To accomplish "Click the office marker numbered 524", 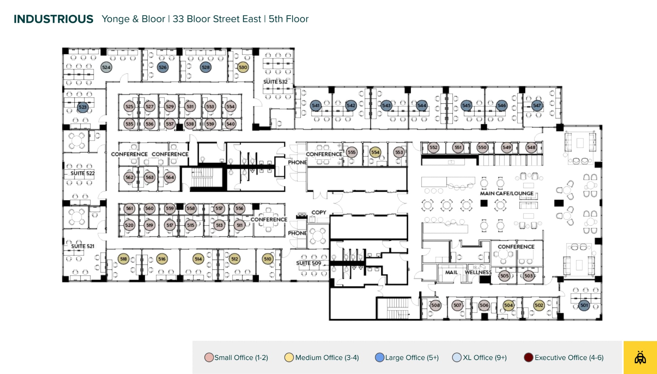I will (106, 67).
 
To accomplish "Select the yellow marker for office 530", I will (242, 67).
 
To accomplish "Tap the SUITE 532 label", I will (275, 82).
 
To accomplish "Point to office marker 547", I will (537, 106).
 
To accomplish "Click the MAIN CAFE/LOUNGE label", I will (507, 193).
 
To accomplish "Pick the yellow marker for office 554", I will (375, 152).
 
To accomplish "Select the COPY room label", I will (319, 212).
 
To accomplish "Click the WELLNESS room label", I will (478, 272).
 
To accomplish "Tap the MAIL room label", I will (451, 272).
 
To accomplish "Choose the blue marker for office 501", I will (584, 305).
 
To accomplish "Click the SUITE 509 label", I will (308, 263).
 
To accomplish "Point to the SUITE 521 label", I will (83, 246).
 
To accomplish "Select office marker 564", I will (170, 177).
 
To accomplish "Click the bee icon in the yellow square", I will (640, 357).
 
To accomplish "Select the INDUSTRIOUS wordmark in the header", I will (53, 19).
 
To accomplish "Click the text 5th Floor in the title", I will (288, 19).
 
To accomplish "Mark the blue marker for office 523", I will (83, 107).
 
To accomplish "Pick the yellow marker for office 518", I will (124, 259).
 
